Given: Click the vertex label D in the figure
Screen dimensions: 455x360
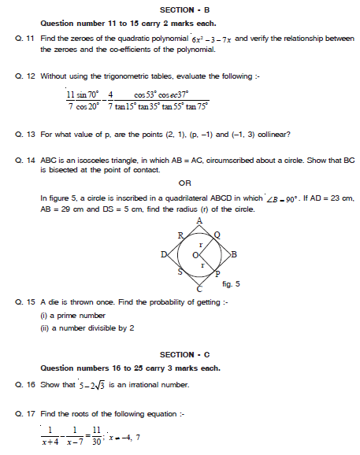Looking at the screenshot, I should coord(163,253).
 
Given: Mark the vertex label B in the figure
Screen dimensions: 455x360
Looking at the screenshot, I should coord(234,253).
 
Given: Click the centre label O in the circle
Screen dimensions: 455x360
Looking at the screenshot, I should coord(195,254).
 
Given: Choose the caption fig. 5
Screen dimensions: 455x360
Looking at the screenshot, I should coord(232,283).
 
